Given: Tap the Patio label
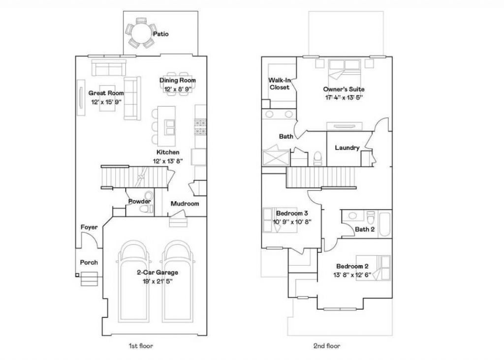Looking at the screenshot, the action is pyautogui.click(x=161, y=34).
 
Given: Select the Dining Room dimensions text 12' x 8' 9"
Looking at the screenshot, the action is pyautogui.click(x=178, y=89).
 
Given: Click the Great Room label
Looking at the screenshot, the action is pyautogui.click(x=106, y=93).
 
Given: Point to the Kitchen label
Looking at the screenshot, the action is pyautogui.click(x=168, y=152).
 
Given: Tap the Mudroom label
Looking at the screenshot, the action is pyautogui.click(x=185, y=204).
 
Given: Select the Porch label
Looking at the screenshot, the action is pyautogui.click(x=89, y=262).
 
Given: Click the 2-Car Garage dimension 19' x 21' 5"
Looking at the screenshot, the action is pyautogui.click(x=157, y=282).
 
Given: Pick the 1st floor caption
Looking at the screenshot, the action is pyautogui.click(x=141, y=346).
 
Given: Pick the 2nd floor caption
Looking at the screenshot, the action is pyautogui.click(x=327, y=346).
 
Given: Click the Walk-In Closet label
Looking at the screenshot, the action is pyautogui.click(x=280, y=84).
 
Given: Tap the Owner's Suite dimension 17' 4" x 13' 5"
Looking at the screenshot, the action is pyautogui.click(x=344, y=98).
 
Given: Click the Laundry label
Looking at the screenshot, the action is pyautogui.click(x=347, y=148).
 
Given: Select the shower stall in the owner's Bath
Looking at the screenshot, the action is pyautogui.click(x=275, y=157).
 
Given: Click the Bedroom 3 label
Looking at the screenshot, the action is pyautogui.click(x=292, y=213).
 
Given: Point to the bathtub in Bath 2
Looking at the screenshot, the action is pyautogui.click(x=385, y=223).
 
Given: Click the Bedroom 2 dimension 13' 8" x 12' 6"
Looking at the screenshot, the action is pyautogui.click(x=352, y=275).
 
